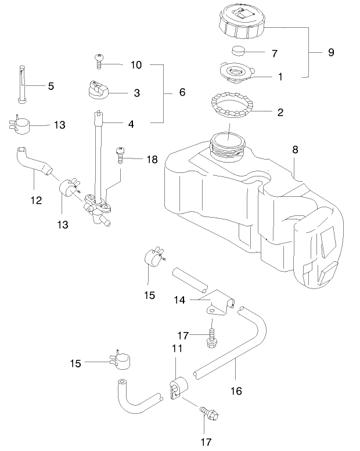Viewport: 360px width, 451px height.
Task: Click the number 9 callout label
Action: click(331, 52)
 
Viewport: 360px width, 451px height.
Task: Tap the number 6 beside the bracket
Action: click(182, 92)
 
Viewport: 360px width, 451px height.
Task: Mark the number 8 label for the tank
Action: click(295, 150)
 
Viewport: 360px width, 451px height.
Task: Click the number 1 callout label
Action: click(279, 76)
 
